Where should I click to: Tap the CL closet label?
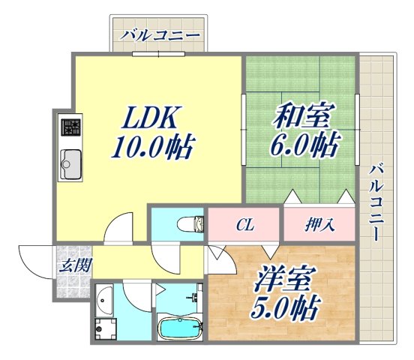tap(244, 223)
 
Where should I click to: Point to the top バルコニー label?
tap(160, 35)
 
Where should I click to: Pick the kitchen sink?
tap(70, 161)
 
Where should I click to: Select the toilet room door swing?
tap(166, 258)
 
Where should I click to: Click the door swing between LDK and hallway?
tap(118, 229)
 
